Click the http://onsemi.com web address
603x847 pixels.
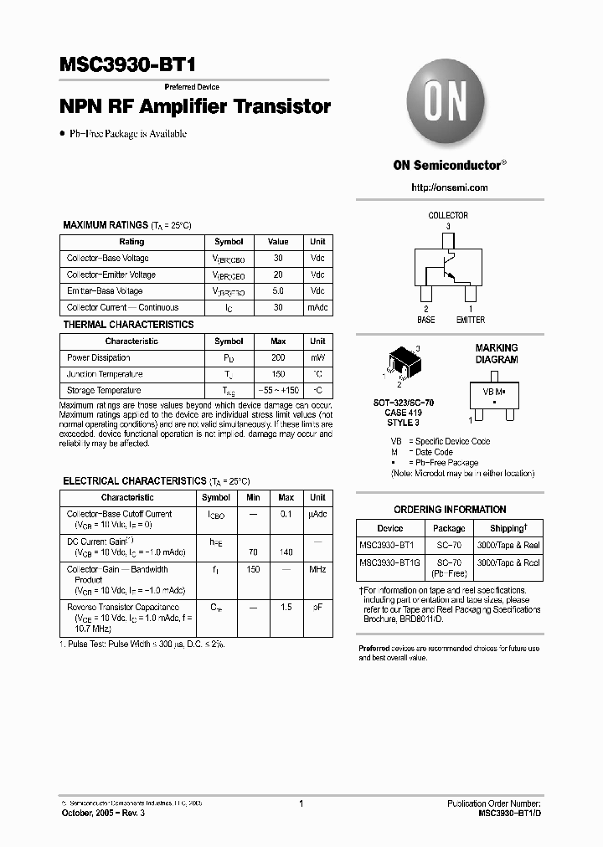click(450, 187)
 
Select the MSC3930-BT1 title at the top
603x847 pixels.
click(129, 67)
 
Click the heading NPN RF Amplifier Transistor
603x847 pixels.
click(195, 107)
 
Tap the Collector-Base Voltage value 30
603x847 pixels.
click(278, 259)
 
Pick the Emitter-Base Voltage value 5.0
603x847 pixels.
click(278, 291)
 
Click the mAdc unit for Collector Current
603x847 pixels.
click(317, 307)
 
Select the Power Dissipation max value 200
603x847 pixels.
click(278, 357)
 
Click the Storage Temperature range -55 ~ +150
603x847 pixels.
click(278, 390)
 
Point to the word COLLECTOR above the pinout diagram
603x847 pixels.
click(448, 215)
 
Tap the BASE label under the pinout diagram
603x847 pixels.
click(426, 320)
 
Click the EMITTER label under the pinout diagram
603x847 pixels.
click(470, 320)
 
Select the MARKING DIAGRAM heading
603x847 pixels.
click(497, 353)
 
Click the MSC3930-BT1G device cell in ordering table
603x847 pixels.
click(390, 563)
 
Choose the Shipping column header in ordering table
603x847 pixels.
click(508, 528)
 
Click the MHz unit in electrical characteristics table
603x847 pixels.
click(317, 569)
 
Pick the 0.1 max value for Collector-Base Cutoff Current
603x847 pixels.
click(286, 514)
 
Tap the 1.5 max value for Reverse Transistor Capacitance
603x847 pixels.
click(286, 607)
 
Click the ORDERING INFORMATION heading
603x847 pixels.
click(450, 509)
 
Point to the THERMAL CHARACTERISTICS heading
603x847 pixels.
click(129, 325)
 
